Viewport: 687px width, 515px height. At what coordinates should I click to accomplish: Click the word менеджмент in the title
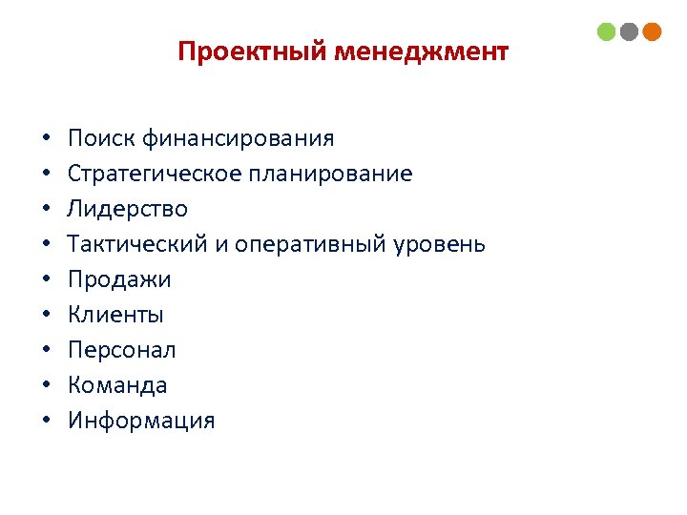[x=421, y=51]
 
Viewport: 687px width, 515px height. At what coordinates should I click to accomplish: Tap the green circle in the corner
[x=607, y=31]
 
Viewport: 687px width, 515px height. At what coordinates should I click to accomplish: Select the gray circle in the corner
[x=629, y=31]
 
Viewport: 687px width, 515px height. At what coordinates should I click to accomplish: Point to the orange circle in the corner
[x=652, y=31]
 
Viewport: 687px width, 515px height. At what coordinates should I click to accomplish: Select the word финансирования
[x=239, y=139]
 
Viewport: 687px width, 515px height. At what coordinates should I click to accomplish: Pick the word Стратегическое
[x=154, y=175]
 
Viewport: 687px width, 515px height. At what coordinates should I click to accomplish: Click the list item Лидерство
[x=128, y=209]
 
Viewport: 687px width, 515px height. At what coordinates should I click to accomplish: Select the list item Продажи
[x=120, y=279]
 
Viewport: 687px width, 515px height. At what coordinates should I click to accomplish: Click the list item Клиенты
[x=115, y=315]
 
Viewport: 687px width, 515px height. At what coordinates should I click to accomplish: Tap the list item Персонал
[x=122, y=350]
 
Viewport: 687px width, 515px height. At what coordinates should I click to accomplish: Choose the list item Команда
[x=117, y=385]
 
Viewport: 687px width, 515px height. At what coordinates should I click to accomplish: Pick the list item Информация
[x=141, y=421]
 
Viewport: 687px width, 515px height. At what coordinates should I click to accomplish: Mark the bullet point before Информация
[x=46, y=422]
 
